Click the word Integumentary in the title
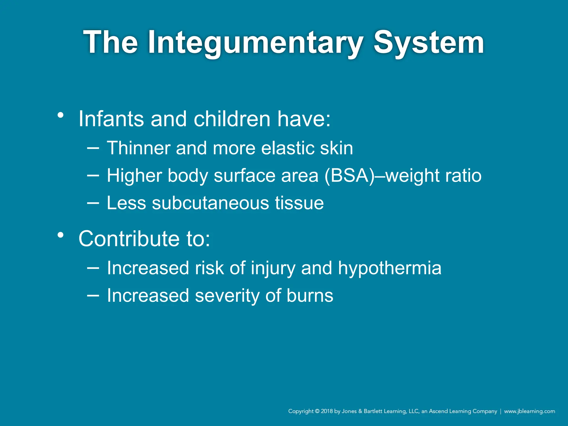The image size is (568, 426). (x=255, y=43)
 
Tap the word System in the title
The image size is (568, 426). (x=428, y=43)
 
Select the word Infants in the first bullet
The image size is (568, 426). (x=111, y=119)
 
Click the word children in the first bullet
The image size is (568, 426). (x=232, y=119)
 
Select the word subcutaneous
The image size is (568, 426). (x=211, y=203)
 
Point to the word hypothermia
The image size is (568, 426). (x=389, y=268)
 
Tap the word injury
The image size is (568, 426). (x=273, y=268)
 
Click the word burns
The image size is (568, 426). (x=310, y=296)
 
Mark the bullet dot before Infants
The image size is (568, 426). (x=61, y=115)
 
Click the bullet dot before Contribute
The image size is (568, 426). (x=61, y=235)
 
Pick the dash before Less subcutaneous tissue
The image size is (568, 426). (x=93, y=203)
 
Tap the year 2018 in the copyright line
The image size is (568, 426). (x=327, y=411)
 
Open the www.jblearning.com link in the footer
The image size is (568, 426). (x=529, y=411)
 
